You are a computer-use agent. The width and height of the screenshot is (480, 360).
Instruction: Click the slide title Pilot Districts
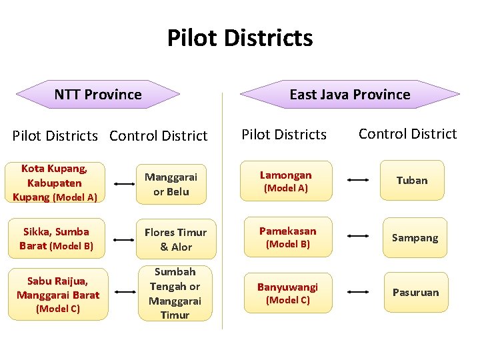pos(240,37)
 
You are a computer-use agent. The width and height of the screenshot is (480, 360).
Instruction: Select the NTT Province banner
pos(98,95)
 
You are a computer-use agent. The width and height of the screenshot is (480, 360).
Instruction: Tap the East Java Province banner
pos(349,95)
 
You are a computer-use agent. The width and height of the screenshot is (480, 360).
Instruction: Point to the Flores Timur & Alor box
pos(176,239)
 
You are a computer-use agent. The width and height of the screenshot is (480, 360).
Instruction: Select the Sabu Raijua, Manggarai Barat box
pos(59,294)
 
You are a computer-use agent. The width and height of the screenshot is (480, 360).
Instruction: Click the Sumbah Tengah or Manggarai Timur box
pos(175,293)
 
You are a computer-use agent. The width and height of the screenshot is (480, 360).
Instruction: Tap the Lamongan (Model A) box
pos(286,181)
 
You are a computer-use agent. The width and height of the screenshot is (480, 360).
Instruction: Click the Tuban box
pos(412,181)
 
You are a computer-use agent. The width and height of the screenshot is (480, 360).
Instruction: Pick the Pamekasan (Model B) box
pos(287,237)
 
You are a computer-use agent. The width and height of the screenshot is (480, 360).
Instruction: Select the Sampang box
pos(415,237)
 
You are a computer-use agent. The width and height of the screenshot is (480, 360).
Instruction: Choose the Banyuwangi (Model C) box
pos(287,293)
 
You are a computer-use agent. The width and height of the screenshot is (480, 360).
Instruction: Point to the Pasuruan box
pos(415,292)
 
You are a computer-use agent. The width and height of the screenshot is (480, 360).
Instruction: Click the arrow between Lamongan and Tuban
pos(358,180)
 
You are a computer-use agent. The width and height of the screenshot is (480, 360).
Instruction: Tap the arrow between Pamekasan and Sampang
pos(358,236)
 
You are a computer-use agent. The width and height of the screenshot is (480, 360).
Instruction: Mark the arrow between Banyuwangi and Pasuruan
pos(358,292)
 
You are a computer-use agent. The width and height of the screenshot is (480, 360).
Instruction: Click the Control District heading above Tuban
pos(407,134)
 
